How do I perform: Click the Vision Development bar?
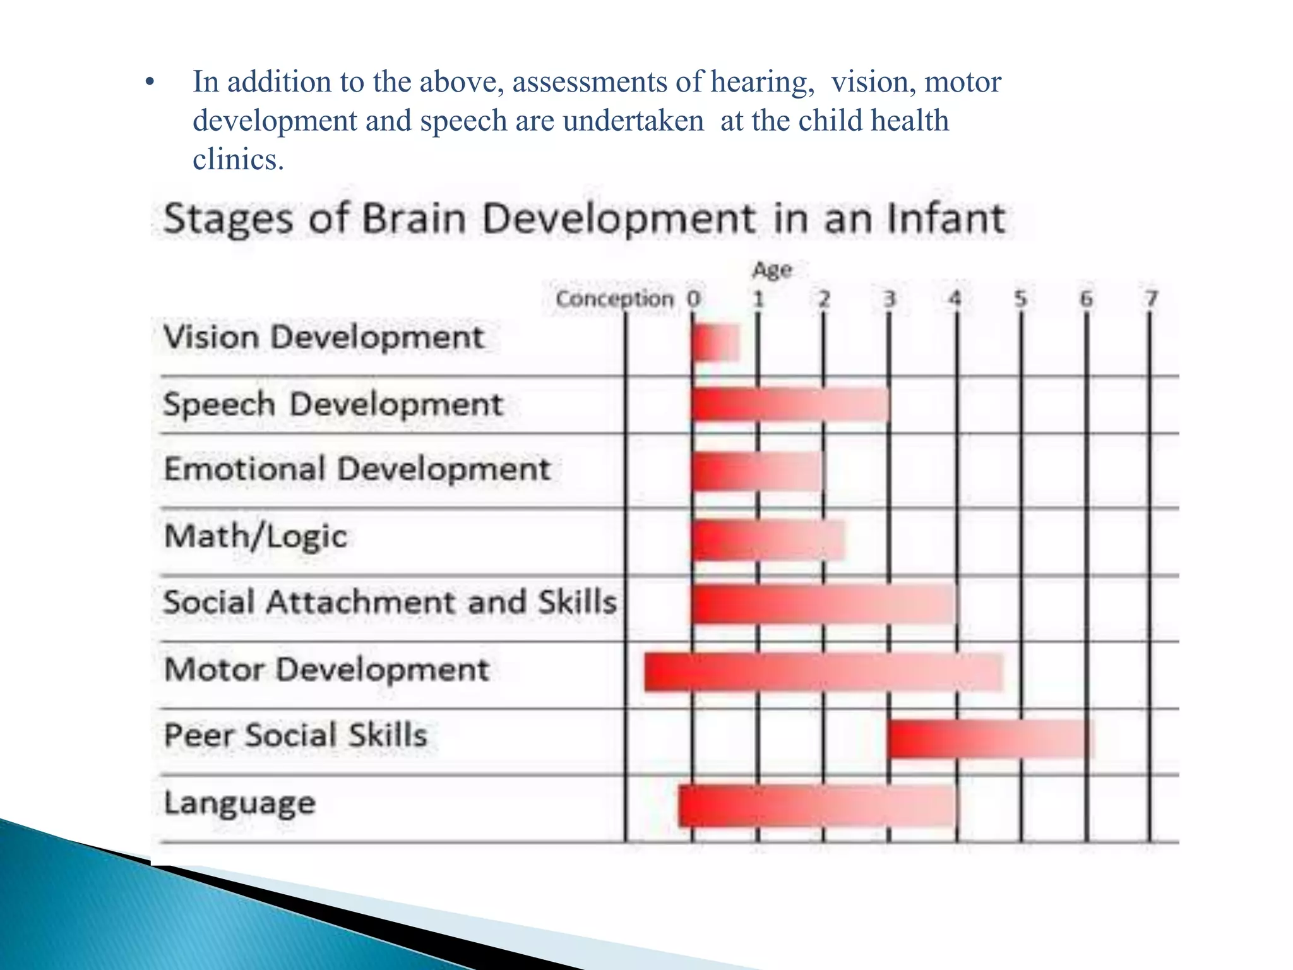click(x=715, y=343)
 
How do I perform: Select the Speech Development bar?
click(x=790, y=404)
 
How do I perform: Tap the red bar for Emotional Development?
click(x=757, y=471)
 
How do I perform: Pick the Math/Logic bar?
click(x=768, y=540)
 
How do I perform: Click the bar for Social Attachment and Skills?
click(x=823, y=604)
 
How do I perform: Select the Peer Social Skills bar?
click(x=989, y=738)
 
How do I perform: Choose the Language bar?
click(x=818, y=806)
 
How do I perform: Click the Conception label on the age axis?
click(x=614, y=299)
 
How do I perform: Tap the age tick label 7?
click(x=1152, y=298)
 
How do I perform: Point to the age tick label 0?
click(x=693, y=299)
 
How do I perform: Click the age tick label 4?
click(x=955, y=298)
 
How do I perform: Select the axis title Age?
click(x=772, y=270)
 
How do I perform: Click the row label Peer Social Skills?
click(x=295, y=736)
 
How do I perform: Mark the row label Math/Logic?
click(x=256, y=537)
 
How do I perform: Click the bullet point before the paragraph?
click(x=149, y=83)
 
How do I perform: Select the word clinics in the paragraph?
click(x=237, y=159)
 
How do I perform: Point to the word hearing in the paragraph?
click(x=761, y=83)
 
